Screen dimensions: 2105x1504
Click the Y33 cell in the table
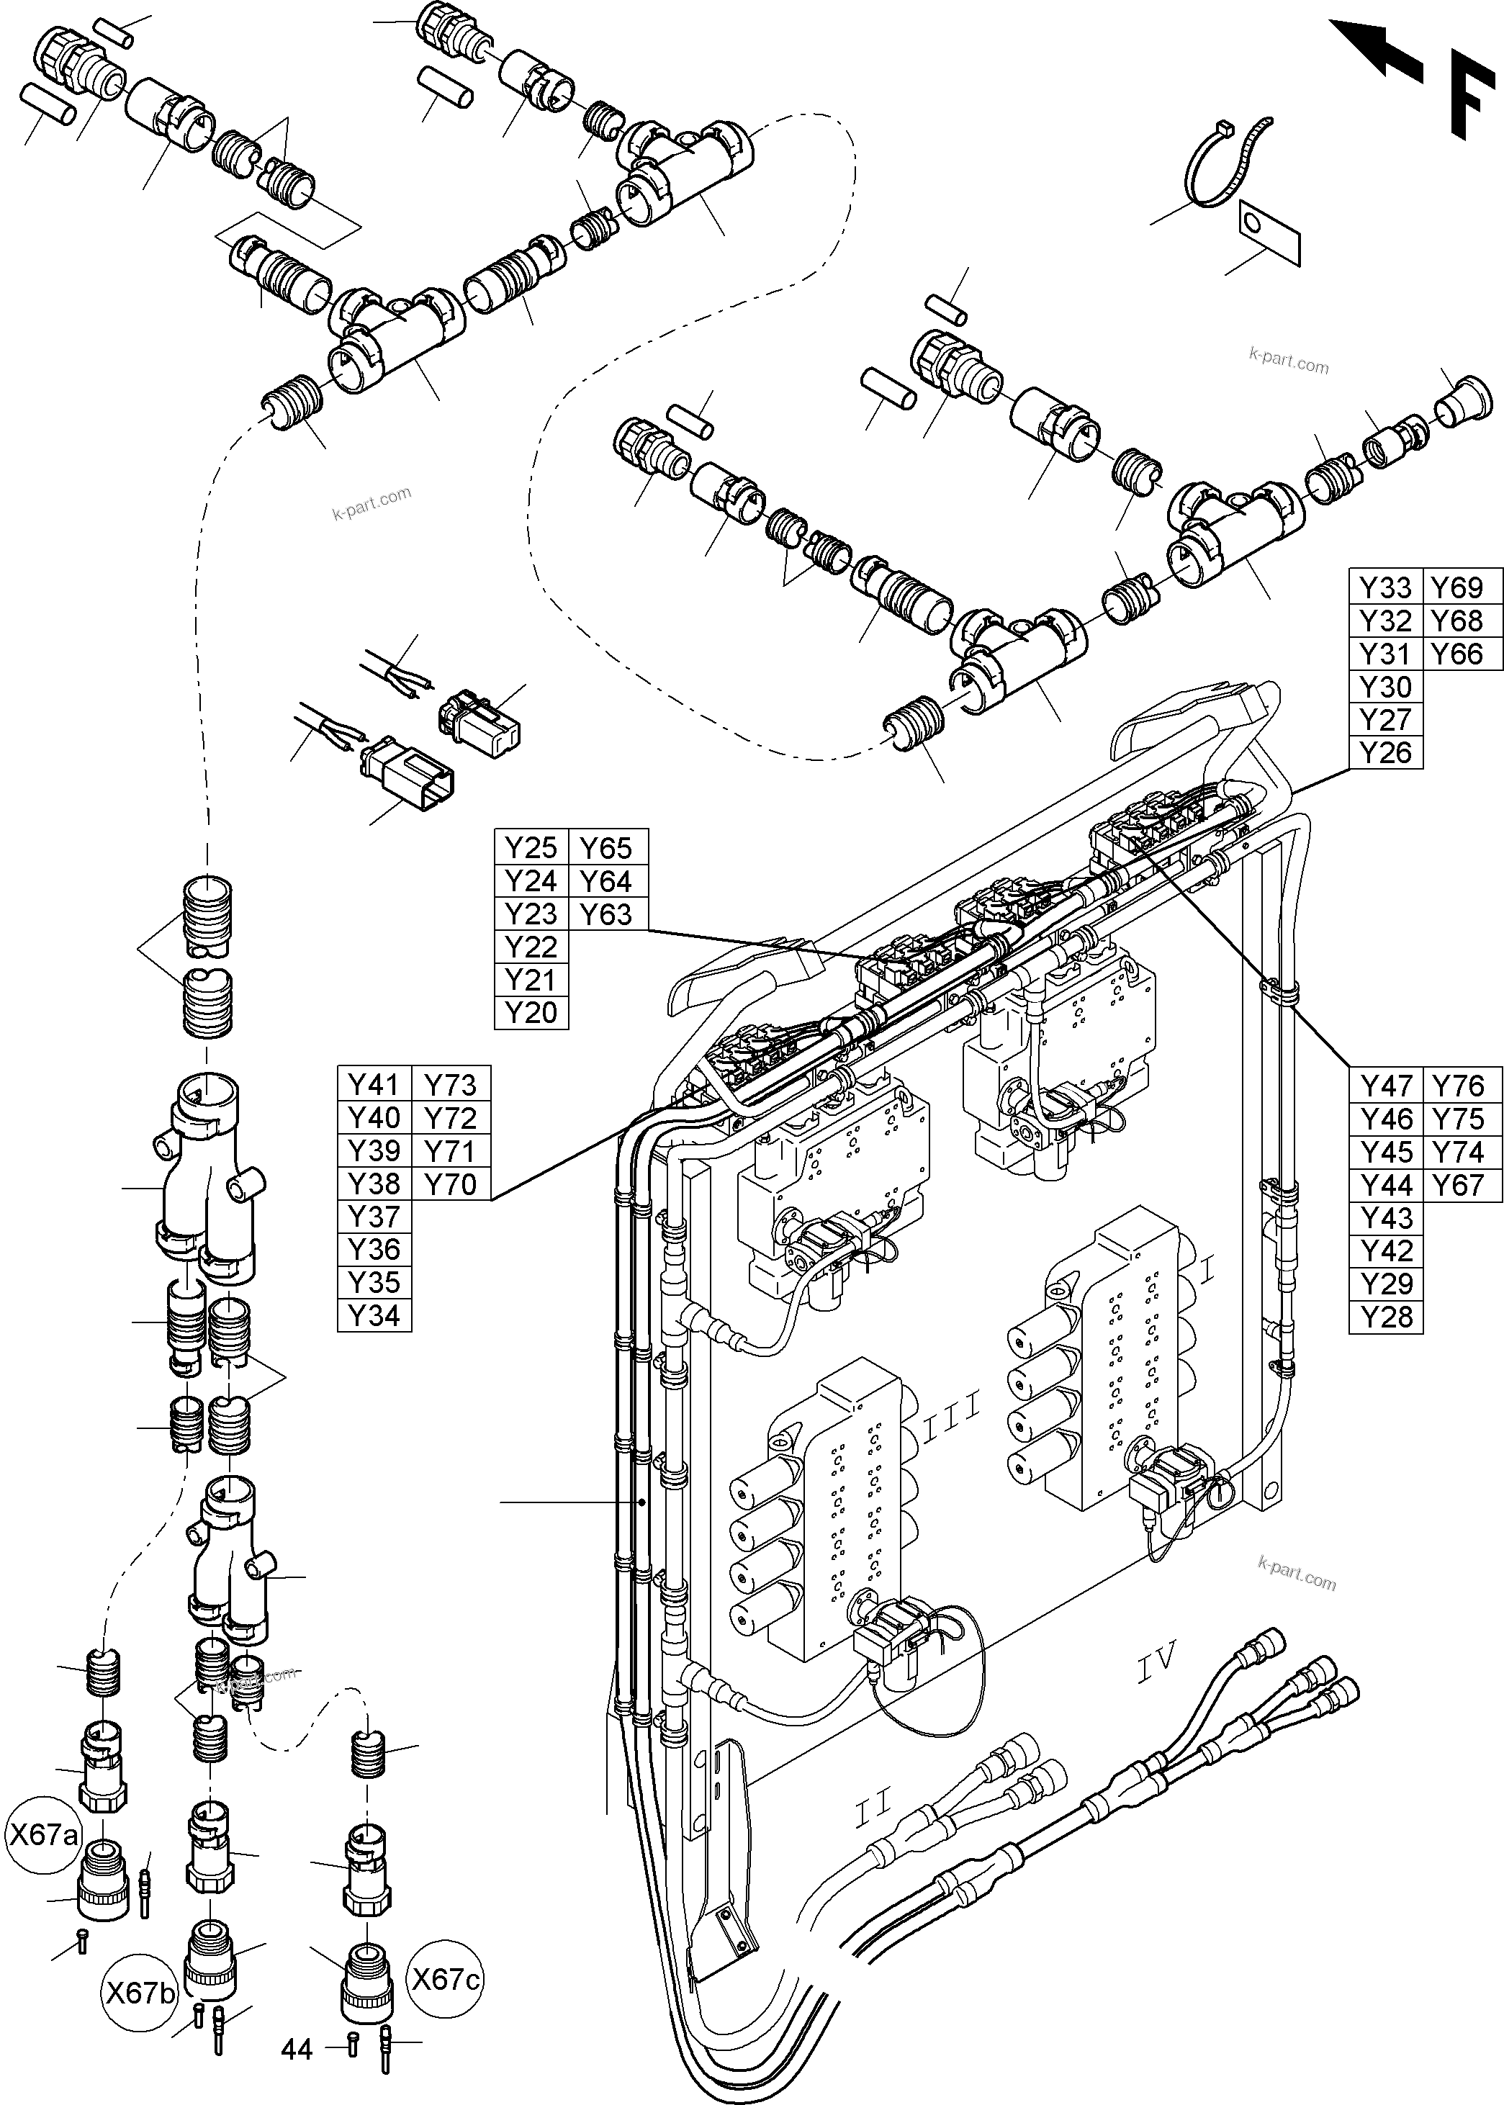click(x=1384, y=587)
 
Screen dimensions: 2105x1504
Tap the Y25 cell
click(x=531, y=847)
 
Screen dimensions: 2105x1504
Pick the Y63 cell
click(x=605, y=914)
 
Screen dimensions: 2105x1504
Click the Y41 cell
click(x=373, y=1084)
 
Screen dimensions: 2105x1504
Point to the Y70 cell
click(x=449, y=1184)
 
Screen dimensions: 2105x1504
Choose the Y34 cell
click(x=373, y=1315)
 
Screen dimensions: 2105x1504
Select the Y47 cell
click(x=1385, y=1086)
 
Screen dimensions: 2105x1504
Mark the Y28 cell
click(x=1385, y=1317)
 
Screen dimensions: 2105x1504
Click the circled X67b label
click(x=140, y=1992)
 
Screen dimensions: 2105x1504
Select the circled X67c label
click(x=446, y=1979)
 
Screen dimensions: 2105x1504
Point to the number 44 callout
click(x=297, y=2075)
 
